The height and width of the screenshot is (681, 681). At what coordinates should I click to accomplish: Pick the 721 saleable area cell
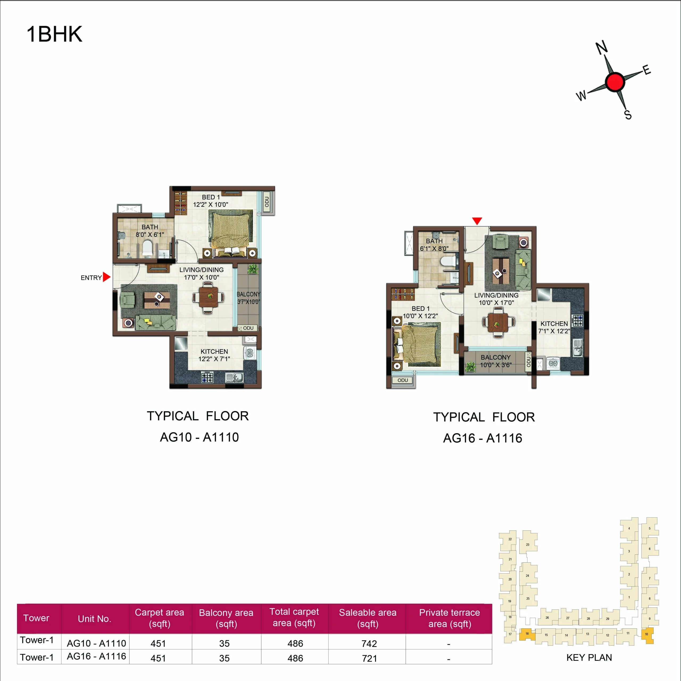tap(369, 658)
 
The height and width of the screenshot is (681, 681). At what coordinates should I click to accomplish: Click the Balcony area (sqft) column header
tap(226, 618)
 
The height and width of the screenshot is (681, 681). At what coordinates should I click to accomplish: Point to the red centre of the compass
tap(615, 81)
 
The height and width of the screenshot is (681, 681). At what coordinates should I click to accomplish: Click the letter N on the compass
tap(602, 48)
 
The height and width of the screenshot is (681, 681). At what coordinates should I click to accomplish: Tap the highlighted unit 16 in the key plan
tap(527, 635)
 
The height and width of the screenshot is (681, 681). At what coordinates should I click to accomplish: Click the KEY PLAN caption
tap(589, 657)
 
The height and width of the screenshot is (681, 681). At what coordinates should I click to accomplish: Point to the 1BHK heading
tap(54, 35)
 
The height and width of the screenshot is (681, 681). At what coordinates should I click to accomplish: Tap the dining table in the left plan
tap(208, 297)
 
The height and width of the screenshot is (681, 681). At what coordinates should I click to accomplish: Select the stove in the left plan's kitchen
tap(207, 377)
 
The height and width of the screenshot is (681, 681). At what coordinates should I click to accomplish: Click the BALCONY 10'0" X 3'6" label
tap(495, 361)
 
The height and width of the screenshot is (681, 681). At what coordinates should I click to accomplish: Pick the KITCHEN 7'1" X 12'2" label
tap(554, 327)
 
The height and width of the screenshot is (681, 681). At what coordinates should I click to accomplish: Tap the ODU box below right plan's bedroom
tap(402, 380)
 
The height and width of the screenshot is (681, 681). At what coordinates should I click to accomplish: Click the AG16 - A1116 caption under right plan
tap(482, 438)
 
